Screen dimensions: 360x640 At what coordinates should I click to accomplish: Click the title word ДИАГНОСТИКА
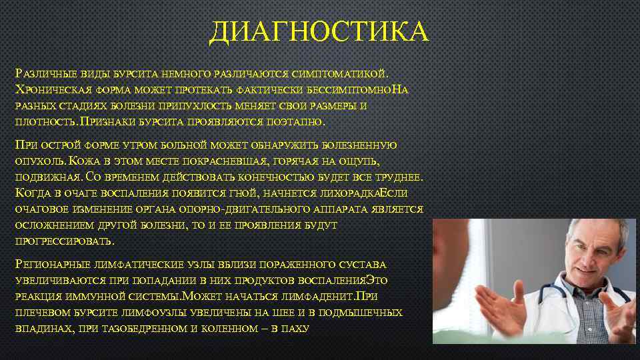[319, 32]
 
